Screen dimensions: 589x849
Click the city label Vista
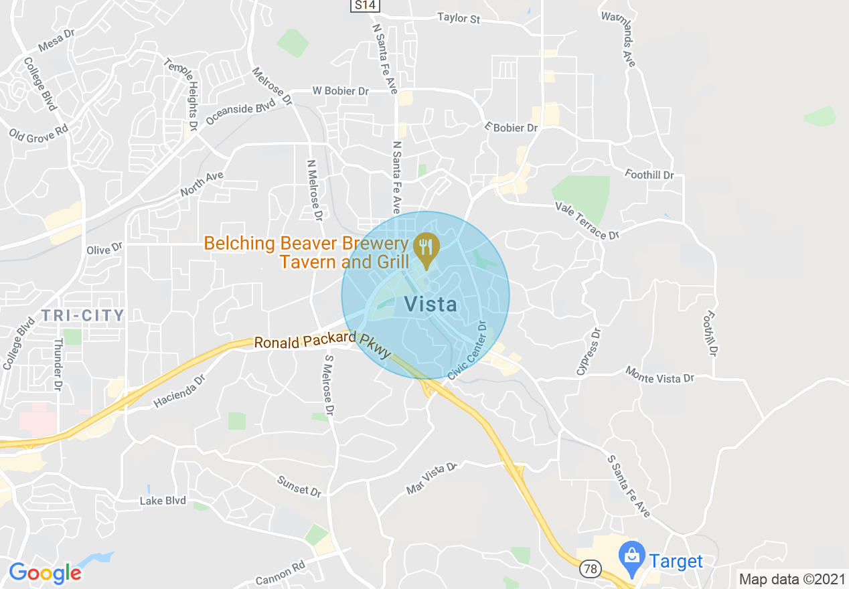coord(431,305)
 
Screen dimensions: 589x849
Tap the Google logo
coord(45,572)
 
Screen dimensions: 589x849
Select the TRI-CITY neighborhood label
coord(83,315)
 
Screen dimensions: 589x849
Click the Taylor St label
coord(459,17)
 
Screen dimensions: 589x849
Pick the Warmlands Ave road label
coord(618,39)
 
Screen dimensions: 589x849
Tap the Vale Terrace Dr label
coord(587,222)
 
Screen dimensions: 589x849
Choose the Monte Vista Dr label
coord(660,374)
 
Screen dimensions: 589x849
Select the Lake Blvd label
coord(163,501)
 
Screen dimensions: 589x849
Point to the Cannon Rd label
coord(280,574)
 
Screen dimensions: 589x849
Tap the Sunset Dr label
coord(299,486)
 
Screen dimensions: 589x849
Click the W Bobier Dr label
coord(340,91)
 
